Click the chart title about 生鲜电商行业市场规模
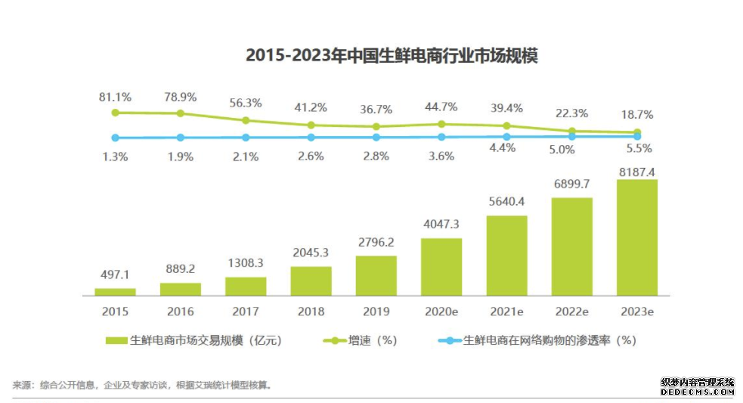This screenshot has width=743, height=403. click(x=392, y=56)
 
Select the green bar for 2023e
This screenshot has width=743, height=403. click(x=637, y=237)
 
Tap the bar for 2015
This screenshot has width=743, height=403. click(x=115, y=291)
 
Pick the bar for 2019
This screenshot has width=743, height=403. click(x=376, y=275)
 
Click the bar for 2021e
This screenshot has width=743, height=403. click(x=506, y=255)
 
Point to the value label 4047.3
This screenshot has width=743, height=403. click(x=441, y=225)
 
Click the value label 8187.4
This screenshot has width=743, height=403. click(x=636, y=172)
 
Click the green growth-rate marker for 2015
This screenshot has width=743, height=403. click(x=115, y=113)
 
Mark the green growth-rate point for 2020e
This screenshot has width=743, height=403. click(x=441, y=123)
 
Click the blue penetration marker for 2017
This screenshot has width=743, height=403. click(x=246, y=138)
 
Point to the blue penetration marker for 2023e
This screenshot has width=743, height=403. click(x=637, y=136)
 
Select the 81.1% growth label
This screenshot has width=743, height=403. click(x=115, y=97)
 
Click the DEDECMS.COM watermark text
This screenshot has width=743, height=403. click(x=698, y=392)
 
